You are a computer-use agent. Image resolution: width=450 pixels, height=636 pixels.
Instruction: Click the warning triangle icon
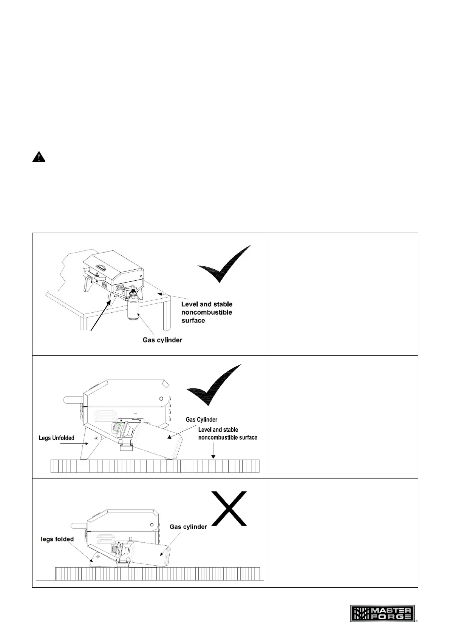click(x=39, y=157)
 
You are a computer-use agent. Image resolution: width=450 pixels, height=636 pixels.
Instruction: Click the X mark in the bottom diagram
click(x=229, y=508)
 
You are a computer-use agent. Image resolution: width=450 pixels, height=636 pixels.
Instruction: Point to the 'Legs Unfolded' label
click(x=57, y=438)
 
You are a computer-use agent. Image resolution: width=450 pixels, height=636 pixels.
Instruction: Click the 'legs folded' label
click(x=57, y=539)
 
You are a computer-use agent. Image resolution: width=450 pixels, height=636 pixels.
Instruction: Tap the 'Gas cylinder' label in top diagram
click(x=162, y=340)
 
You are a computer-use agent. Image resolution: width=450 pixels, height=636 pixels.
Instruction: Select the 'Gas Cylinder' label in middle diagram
click(x=201, y=419)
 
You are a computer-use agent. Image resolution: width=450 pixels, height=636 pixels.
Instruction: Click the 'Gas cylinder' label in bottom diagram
click(x=188, y=526)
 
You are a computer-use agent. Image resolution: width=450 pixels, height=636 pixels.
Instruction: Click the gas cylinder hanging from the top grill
click(x=133, y=309)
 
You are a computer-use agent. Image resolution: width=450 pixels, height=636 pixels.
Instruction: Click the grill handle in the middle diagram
click(x=72, y=400)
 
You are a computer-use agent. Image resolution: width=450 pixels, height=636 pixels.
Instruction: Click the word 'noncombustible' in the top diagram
click(x=207, y=312)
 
